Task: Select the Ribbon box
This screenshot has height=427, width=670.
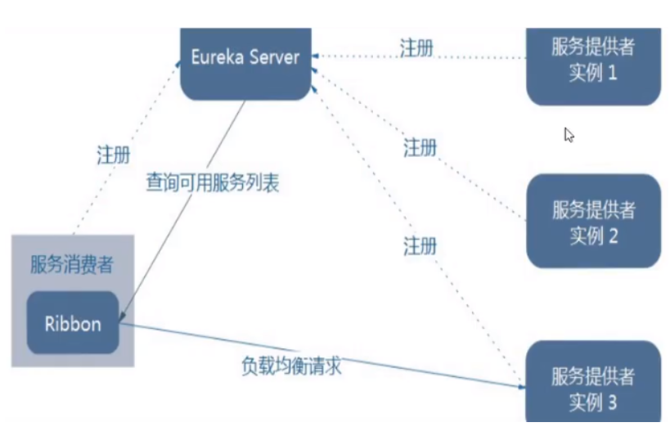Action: pyautogui.click(x=74, y=323)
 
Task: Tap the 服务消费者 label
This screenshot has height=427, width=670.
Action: pyautogui.click(x=71, y=264)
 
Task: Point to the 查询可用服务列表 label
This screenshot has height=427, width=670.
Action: pyautogui.click(x=213, y=182)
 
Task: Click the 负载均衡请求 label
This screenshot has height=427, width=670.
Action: pyautogui.click(x=291, y=366)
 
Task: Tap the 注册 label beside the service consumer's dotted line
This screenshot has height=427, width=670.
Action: pyautogui.click(x=113, y=155)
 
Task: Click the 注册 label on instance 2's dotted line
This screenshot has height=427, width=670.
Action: pyautogui.click(x=420, y=148)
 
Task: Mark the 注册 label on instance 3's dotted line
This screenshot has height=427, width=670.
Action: pyautogui.click(x=420, y=245)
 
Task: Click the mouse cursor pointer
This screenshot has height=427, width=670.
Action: pyautogui.click(x=569, y=134)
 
